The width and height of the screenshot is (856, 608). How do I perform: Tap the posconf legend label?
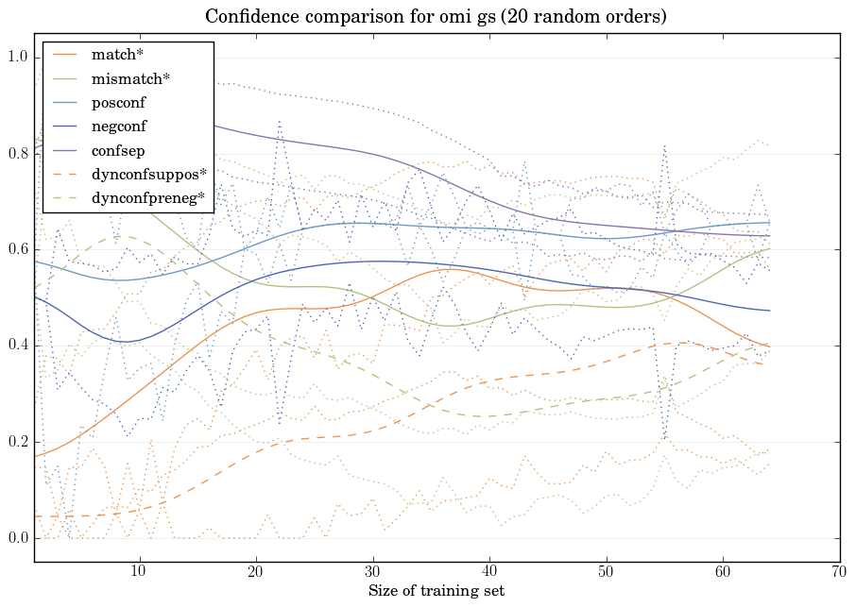pyautogui.click(x=119, y=103)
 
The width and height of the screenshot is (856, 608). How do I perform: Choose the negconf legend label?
pyautogui.click(x=119, y=127)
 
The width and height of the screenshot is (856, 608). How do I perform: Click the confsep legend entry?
pyautogui.click(x=117, y=150)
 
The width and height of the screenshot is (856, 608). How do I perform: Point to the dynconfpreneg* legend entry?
pyautogui.click(x=148, y=198)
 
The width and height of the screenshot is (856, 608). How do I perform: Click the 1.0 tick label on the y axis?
pyautogui.click(x=17, y=58)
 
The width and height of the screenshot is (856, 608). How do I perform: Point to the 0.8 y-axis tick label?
pyautogui.click(x=17, y=154)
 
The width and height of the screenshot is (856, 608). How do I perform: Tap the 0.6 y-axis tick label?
pyautogui.click(x=17, y=250)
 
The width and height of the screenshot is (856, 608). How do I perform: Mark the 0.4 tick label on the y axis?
pyautogui.click(x=17, y=346)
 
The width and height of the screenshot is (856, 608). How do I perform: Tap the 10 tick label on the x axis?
pyautogui.click(x=139, y=572)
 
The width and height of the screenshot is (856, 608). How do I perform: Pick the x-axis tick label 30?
pyautogui.click(x=372, y=572)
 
